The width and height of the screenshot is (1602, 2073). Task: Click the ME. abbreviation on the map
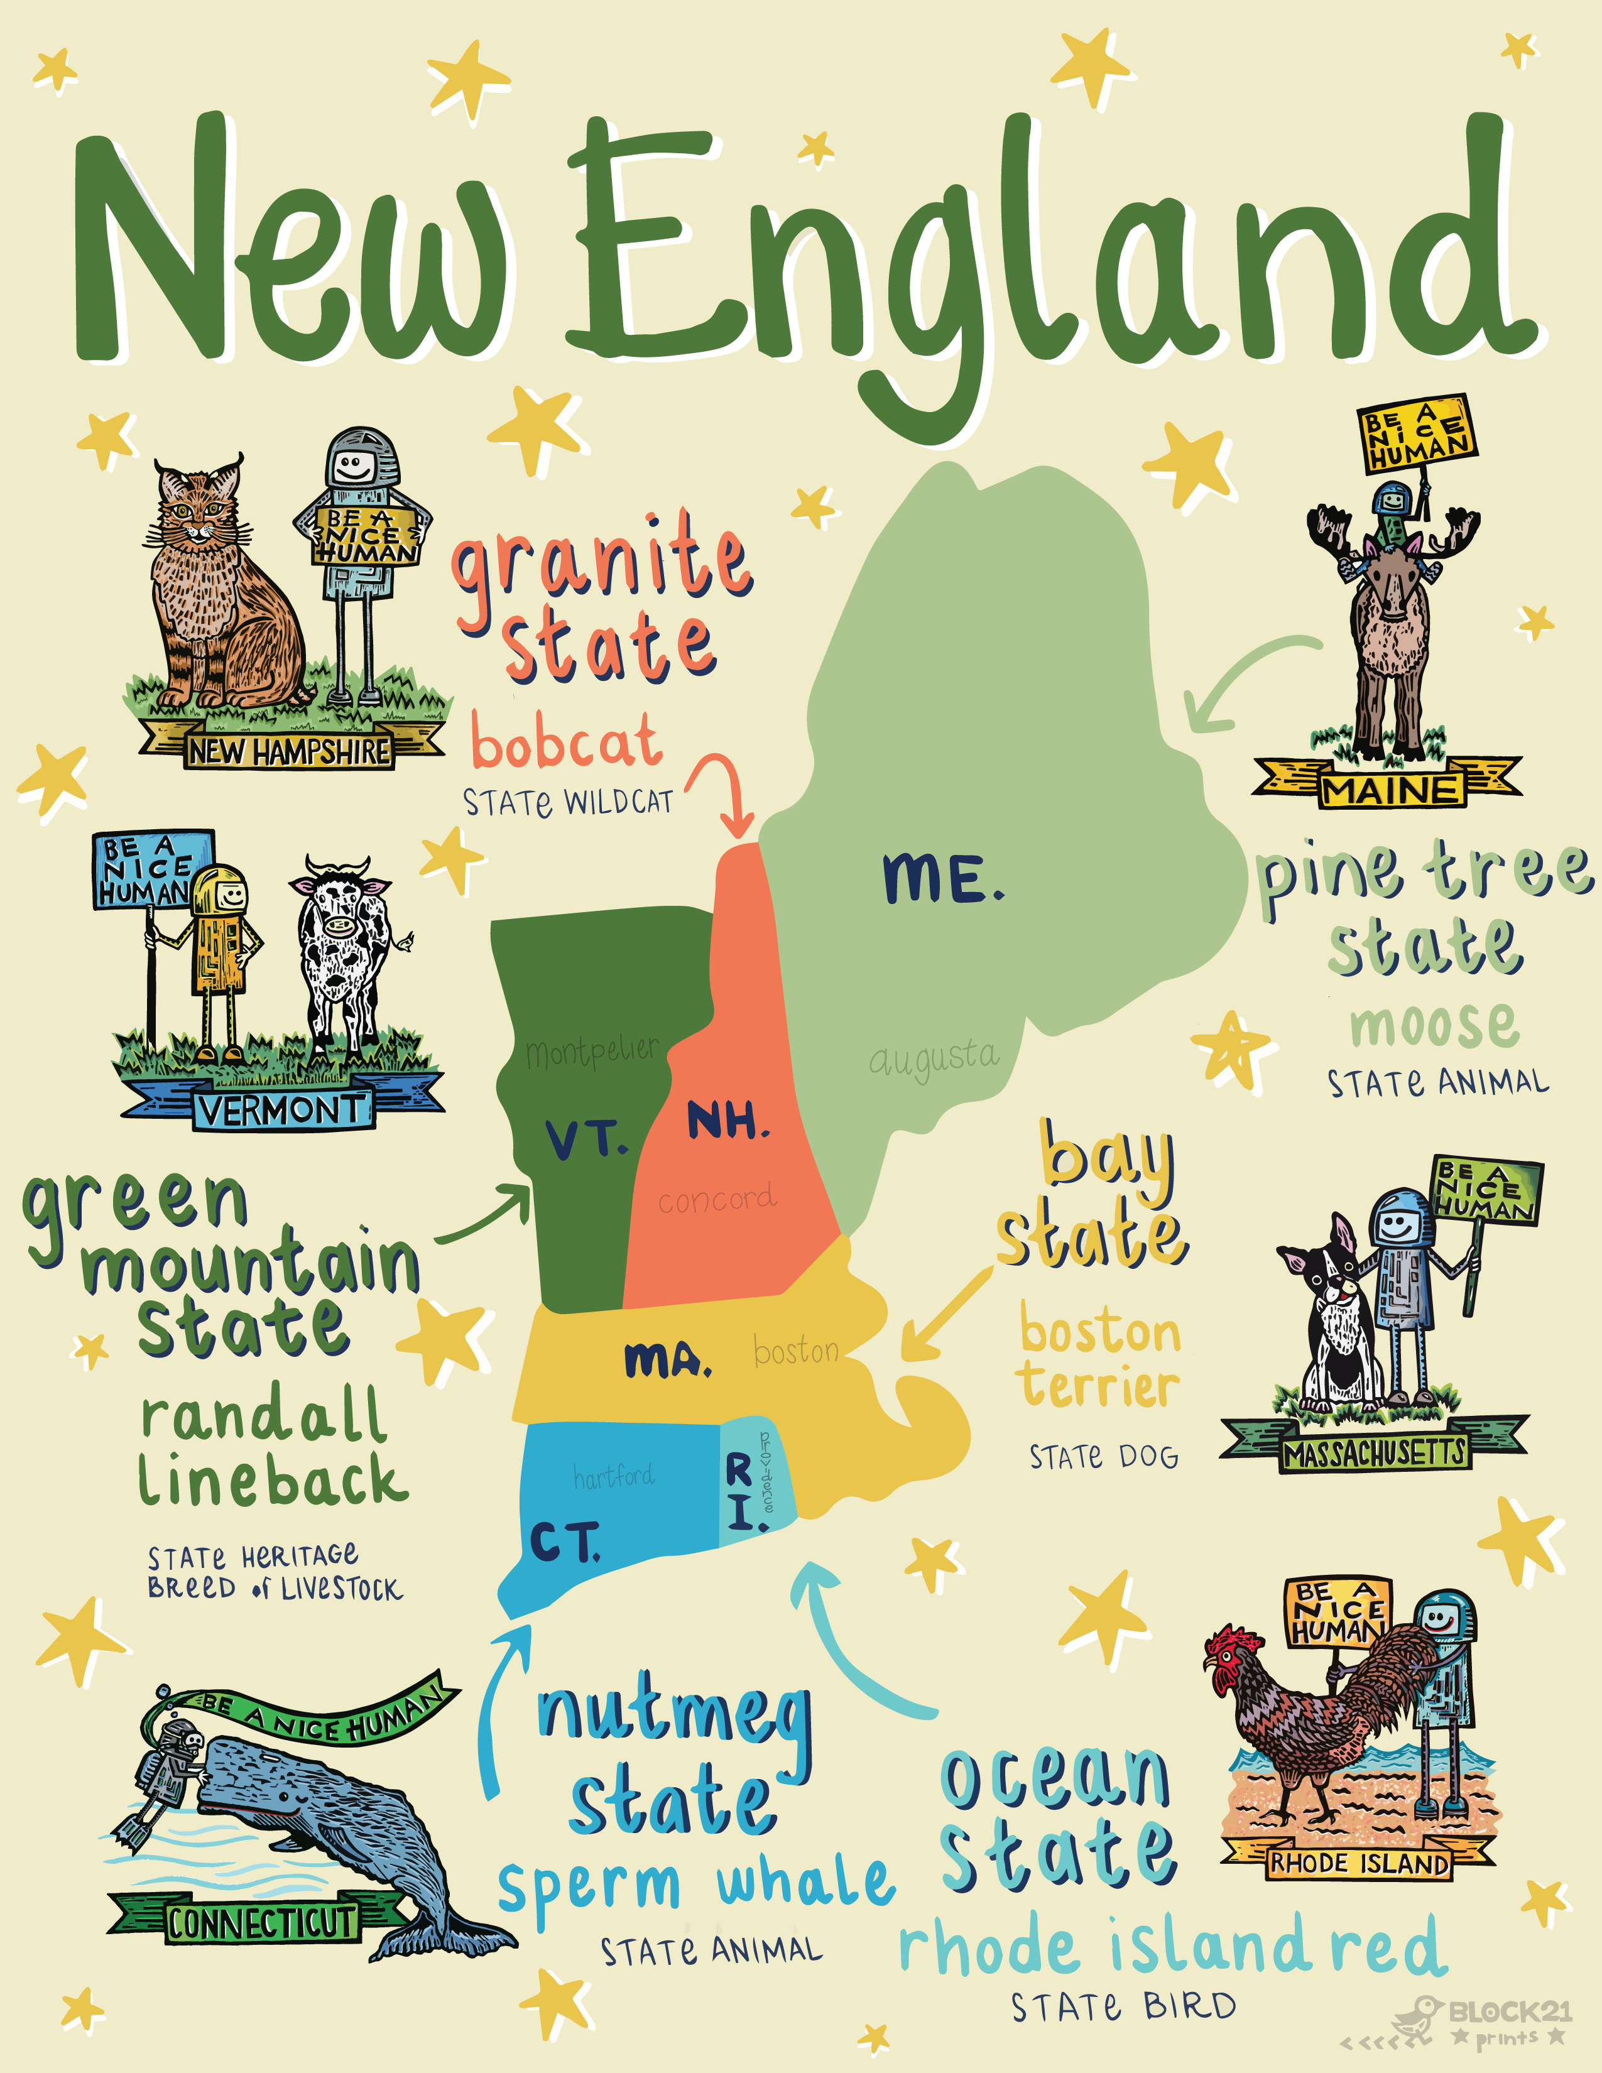point(942,878)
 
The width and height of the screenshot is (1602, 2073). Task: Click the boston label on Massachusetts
point(795,1350)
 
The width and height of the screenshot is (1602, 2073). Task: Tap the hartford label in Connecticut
point(613,1476)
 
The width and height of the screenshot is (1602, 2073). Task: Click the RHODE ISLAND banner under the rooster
point(1359,1863)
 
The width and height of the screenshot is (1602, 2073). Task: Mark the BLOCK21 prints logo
point(1485,2021)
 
